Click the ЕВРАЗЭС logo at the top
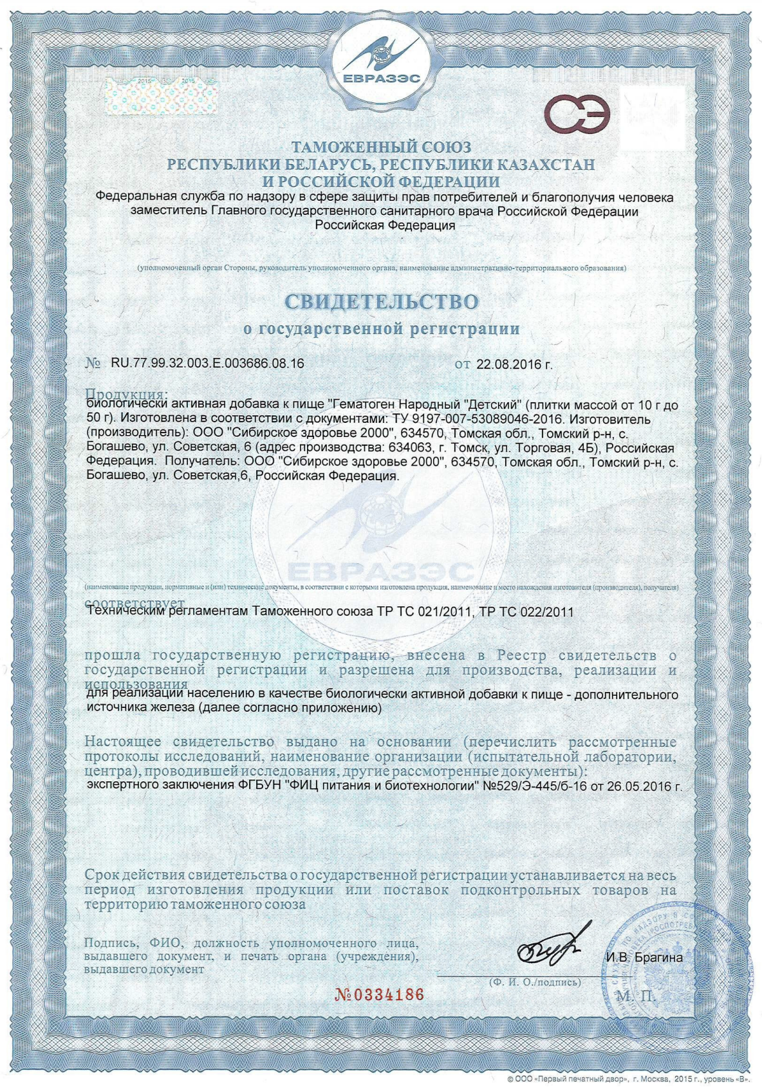click(381, 61)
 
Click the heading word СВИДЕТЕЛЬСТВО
click(382, 301)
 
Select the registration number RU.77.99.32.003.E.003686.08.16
click(207, 363)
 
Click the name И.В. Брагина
click(644, 958)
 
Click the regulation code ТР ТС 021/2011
click(422, 611)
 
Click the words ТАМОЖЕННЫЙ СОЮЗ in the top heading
click(381, 147)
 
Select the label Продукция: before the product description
click(127, 393)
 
